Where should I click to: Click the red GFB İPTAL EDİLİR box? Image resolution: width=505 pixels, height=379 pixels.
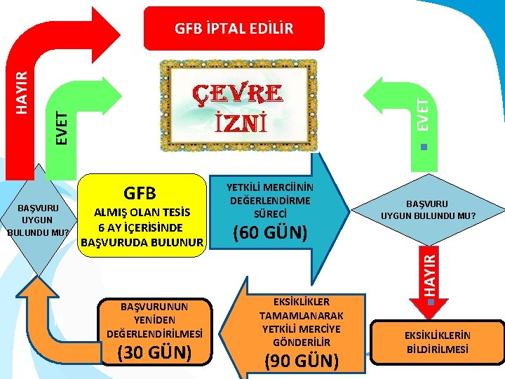click(234, 28)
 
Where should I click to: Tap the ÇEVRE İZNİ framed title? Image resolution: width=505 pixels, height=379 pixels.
click(238, 107)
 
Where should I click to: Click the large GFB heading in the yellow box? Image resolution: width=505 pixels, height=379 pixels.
click(140, 193)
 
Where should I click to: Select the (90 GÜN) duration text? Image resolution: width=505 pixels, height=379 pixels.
click(301, 361)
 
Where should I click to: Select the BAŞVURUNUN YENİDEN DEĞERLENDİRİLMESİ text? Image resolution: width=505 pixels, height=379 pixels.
click(153, 319)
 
